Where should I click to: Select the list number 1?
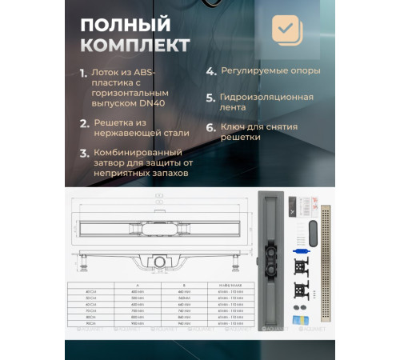click(83, 73)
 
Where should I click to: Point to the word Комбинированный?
click(139, 151)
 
